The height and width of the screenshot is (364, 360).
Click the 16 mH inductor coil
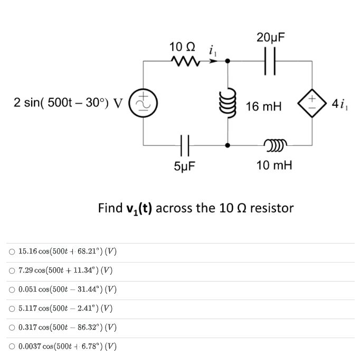click(x=228, y=103)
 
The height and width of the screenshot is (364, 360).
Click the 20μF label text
click(x=271, y=38)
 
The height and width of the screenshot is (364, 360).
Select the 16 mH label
click(x=263, y=107)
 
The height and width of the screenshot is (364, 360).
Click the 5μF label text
click(x=185, y=166)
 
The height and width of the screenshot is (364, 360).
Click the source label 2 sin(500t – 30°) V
click(x=68, y=102)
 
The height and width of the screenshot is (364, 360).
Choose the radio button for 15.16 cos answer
click(x=12, y=251)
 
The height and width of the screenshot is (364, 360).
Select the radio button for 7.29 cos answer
click(x=12, y=270)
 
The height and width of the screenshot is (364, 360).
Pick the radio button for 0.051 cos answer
click(x=12, y=290)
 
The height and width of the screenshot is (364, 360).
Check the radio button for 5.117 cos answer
click(x=12, y=309)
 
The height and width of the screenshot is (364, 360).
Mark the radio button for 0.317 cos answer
click(x=12, y=328)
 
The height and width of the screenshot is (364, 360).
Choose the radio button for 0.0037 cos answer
click(x=12, y=347)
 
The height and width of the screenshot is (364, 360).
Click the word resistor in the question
click(x=271, y=208)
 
